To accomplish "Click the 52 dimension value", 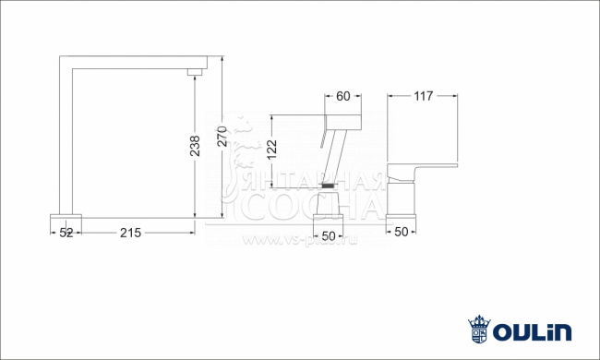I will click(x=66, y=233).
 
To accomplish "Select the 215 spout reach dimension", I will click(x=129, y=233).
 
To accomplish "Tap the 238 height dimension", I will click(x=195, y=145).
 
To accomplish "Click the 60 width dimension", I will click(x=343, y=95).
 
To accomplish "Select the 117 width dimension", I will click(x=423, y=95).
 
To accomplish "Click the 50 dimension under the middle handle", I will click(x=330, y=231).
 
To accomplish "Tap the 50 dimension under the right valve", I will click(x=401, y=231).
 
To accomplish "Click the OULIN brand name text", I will click(x=533, y=330).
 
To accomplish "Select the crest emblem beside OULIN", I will click(x=478, y=330).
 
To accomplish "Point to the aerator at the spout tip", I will click(x=194, y=72).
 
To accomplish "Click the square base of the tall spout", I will click(x=66, y=220).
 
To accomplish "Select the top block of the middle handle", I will click(x=342, y=122).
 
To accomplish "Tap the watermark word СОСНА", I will click(x=309, y=206).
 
